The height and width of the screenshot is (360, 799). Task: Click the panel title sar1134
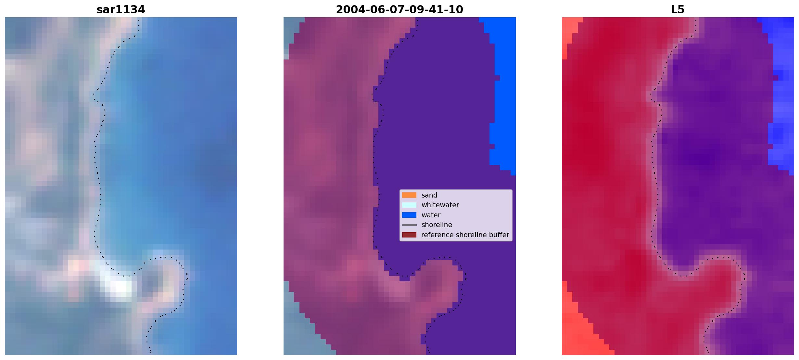click(x=120, y=10)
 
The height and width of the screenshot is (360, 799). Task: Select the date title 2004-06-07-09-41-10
click(x=399, y=10)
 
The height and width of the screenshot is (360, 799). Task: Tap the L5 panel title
click(x=678, y=10)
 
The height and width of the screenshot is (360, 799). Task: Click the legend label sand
click(x=429, y=195)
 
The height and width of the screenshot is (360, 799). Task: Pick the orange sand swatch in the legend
click(x=409, y=195)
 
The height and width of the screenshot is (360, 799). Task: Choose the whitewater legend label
click(x=440, y=205)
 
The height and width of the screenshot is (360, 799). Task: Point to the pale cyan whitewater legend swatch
click(x=409, y=205)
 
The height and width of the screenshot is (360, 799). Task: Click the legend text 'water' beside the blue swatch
click(x=431, y=215)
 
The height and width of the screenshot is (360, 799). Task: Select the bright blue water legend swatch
click(x=409, y=215)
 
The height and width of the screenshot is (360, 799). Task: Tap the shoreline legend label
click(x=437, y=225)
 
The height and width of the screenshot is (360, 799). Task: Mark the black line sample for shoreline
click(x=409, y=225)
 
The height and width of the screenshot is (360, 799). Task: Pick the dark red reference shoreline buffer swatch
click(x=409, y=235)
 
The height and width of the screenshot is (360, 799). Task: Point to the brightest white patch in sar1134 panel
click(x=121, y=288)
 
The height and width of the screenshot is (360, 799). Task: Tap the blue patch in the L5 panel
click(x=781, y=97)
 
